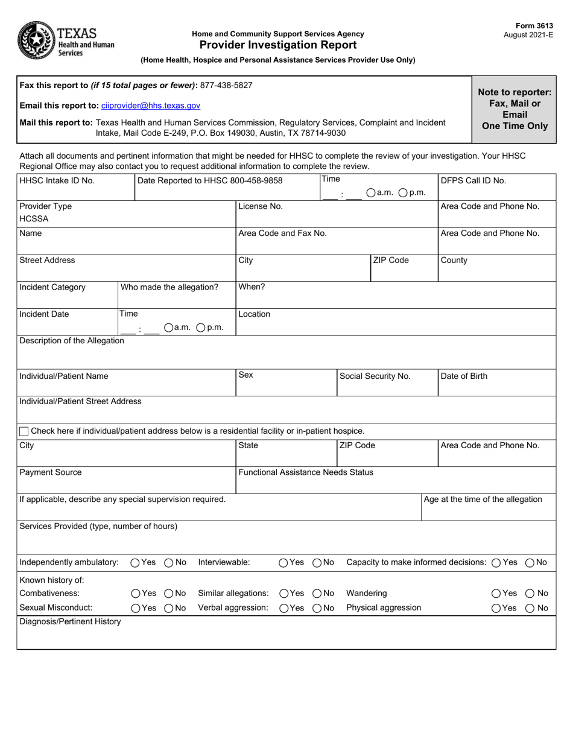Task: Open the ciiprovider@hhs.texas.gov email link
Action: (151, 106)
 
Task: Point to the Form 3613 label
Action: (533, 27)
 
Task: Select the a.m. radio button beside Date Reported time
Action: (371, 192)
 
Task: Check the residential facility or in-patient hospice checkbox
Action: (24, 431)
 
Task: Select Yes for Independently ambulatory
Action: (135, 563)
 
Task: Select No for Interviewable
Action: (317, 563)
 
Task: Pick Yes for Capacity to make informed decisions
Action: (496, 563)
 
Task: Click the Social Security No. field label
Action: (375, 376)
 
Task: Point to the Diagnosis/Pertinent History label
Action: (70, 621)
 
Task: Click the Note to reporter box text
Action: (514, 109)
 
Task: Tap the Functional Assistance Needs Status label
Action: (306, 472)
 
